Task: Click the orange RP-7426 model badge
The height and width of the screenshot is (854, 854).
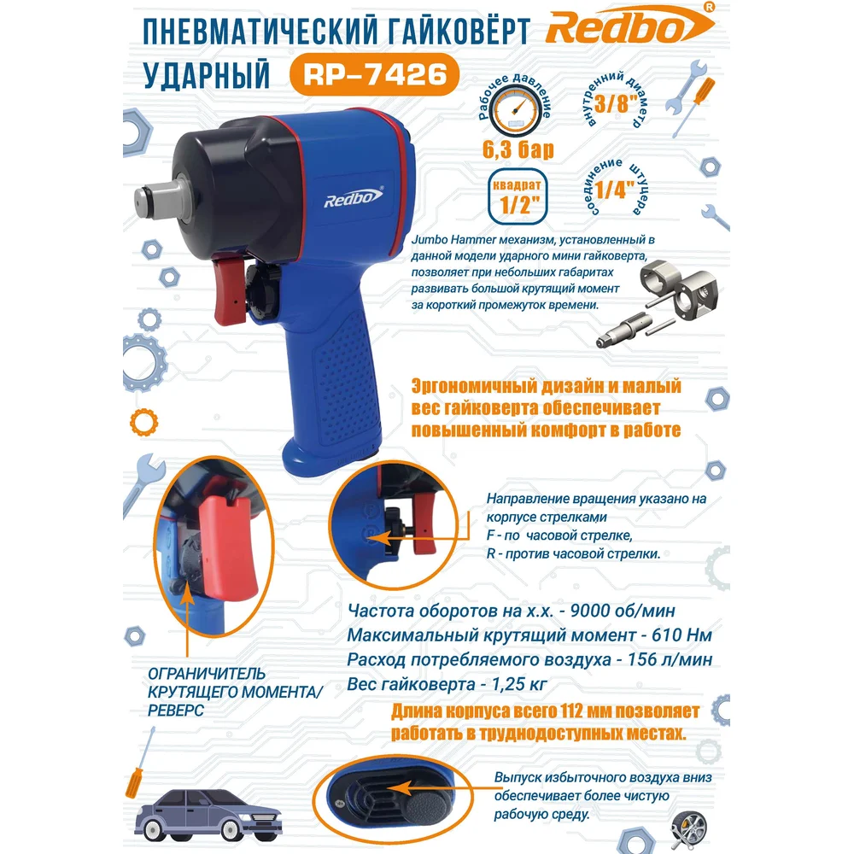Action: click(374, 74)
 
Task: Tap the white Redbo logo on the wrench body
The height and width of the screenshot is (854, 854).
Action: click(354, 197)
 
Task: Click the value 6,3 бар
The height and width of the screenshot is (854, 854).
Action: click(518, 149)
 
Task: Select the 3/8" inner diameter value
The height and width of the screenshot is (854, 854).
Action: click(616, 103)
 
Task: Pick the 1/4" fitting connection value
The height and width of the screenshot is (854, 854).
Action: click(614, 190)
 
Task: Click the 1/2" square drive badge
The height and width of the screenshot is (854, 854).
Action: click(518, 196)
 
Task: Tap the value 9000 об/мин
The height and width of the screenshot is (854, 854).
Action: click(623, 611)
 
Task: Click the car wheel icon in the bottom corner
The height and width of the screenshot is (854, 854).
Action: click(689, 829)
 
